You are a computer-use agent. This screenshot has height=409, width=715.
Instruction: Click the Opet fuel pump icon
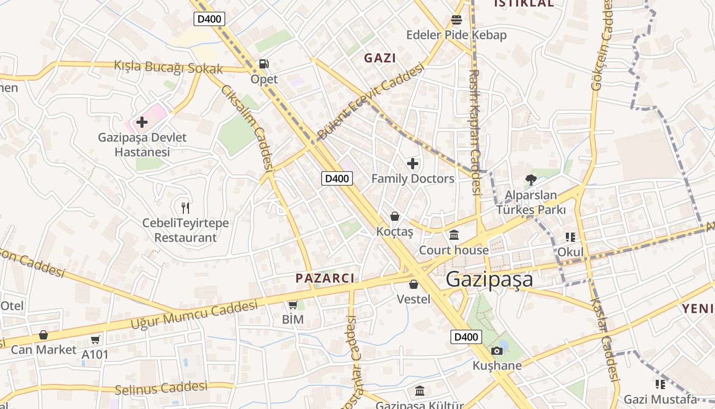click(264, 64)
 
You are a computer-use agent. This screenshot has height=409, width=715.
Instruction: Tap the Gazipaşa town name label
click(489, 280)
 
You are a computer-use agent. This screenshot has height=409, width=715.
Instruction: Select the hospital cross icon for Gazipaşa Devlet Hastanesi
click(142, 122)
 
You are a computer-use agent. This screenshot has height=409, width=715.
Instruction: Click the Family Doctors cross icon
click(413, 164)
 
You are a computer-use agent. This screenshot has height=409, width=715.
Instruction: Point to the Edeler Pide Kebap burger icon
click(456, 20)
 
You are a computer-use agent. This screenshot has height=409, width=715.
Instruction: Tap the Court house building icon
click(454, 235)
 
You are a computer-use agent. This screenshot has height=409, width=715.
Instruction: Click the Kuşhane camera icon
click(496, 351)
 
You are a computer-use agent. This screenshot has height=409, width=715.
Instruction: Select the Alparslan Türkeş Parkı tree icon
click(531, 180)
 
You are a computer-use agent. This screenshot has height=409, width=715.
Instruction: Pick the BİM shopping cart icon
click(293, 305)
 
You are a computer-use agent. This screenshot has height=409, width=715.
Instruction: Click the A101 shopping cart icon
click(95, 339)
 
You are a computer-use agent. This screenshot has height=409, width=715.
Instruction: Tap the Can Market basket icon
click(43, 335)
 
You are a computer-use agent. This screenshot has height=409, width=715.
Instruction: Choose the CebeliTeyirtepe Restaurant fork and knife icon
click(185, 208)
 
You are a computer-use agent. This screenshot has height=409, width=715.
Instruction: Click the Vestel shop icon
click(414, 284)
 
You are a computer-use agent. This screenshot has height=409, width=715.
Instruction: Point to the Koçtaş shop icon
click(394, 216)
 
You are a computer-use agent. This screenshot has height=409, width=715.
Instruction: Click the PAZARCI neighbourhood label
click(325, 278)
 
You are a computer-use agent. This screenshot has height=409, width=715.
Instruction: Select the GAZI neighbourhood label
click(379, 58)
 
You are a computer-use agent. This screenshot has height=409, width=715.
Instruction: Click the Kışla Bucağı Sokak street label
click(169, 67)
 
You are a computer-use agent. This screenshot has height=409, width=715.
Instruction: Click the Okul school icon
click(570, 237)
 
